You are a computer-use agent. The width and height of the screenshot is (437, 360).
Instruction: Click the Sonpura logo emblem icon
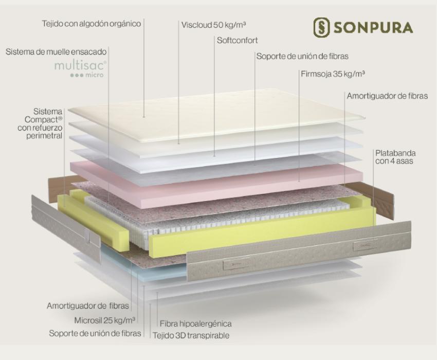tap(321, 27)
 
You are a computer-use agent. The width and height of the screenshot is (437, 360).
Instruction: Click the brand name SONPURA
tap(373, 28)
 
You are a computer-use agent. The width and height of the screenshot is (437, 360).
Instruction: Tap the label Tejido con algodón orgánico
tap(92, 24)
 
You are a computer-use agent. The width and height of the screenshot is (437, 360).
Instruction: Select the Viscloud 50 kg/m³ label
tap(213, 25)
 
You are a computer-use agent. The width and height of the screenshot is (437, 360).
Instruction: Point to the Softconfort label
tap(238, 41)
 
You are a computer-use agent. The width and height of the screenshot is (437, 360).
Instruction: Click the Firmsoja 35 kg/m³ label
tap(333, 74)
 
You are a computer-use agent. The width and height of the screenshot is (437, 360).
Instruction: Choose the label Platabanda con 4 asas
tap(395, 157)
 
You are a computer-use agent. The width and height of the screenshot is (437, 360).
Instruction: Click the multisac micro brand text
tap(80, 69)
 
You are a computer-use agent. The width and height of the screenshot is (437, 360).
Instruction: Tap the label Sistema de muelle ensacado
tap(56, 52)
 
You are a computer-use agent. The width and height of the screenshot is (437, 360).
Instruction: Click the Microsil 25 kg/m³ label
tap(105, 320)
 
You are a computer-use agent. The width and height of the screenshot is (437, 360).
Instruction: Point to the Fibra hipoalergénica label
tap(196, 324)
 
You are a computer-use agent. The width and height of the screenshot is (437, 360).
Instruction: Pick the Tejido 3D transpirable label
tap(191, 335)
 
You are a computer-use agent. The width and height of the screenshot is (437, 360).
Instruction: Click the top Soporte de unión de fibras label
tap(302, 57)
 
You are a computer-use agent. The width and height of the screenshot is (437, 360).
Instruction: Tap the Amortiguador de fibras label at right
tap(388, 96)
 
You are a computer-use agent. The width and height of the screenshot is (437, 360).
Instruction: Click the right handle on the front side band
tap(366, 246)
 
